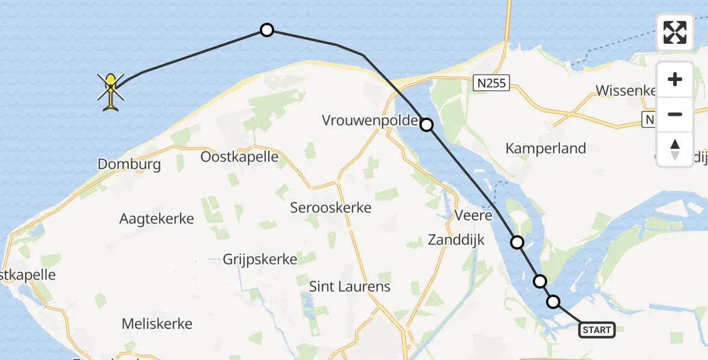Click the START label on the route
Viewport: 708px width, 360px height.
click(x=596, y=329)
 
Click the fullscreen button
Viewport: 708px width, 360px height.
click(x=675, y=32)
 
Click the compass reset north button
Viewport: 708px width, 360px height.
click(x=675, y=149)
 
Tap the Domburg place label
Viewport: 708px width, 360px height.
click(x=129, y=164)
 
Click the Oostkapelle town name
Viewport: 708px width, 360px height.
click(x=239, y=157)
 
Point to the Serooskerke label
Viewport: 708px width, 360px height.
click(x=331, y=208)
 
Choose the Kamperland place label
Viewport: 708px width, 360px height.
click(x=545, y=148)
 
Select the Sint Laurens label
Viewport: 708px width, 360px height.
click(x=349, y=286)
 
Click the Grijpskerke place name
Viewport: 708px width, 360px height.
click(x=260, y=259)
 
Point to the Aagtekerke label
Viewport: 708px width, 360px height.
click(x=157, y=218)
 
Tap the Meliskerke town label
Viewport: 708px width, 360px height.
click(x=157, y=324)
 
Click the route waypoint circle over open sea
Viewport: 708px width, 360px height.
click(x=266, y=30)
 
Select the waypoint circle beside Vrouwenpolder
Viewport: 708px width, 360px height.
click(x=426, y=125)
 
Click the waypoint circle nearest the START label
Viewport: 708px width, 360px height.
click(x=553, y=302)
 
